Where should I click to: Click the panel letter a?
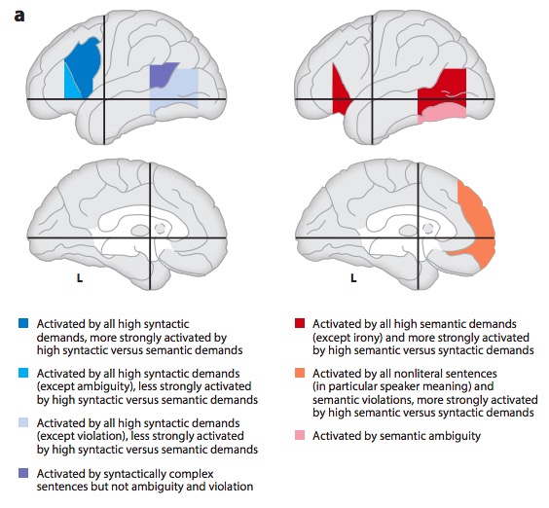[19, 17]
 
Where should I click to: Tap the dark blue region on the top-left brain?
[85, 66]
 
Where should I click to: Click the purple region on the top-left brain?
[162, 74]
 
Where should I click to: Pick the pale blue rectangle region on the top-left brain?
[178, 94]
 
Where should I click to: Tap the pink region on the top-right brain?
[442, 114]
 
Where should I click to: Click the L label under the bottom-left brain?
[80, 278]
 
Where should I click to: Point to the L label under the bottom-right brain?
[353, 278]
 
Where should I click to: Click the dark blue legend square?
[23, 323]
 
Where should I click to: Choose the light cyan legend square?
[23, 373]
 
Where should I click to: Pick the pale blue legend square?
[23, 422]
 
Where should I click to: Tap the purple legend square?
[23, 473]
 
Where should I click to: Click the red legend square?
[300, 323]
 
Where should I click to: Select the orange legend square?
[300, 373]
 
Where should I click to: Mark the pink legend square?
[300, 435]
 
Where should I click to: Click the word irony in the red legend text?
[358, 338]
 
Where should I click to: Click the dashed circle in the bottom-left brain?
[160, 229]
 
